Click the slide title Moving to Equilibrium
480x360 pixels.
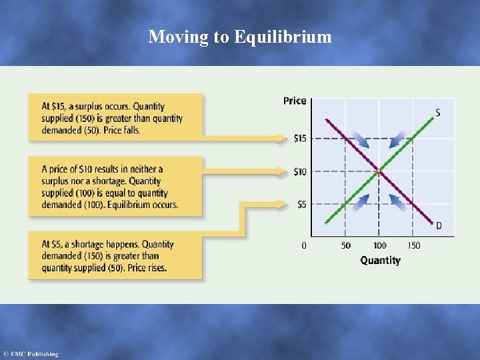click(240, 37)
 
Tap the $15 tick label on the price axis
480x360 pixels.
click(301, 139)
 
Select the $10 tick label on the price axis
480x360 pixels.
click(301, 172)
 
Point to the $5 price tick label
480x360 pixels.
click(302, 205)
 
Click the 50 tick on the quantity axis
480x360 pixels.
click(346, 245)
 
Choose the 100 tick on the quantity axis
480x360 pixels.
click(379, 245)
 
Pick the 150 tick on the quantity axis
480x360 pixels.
click(413, 245)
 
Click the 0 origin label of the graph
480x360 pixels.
click(305, 245)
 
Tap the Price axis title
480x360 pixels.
click(295, 101)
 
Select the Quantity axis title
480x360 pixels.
click(380, 260)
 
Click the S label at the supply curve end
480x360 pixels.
click(437, 113)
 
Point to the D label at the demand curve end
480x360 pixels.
click(438, 226)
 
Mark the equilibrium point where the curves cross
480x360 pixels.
click(379, 172)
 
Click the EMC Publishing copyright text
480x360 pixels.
click(31, 354)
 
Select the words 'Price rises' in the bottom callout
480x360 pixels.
click(145, 268)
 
